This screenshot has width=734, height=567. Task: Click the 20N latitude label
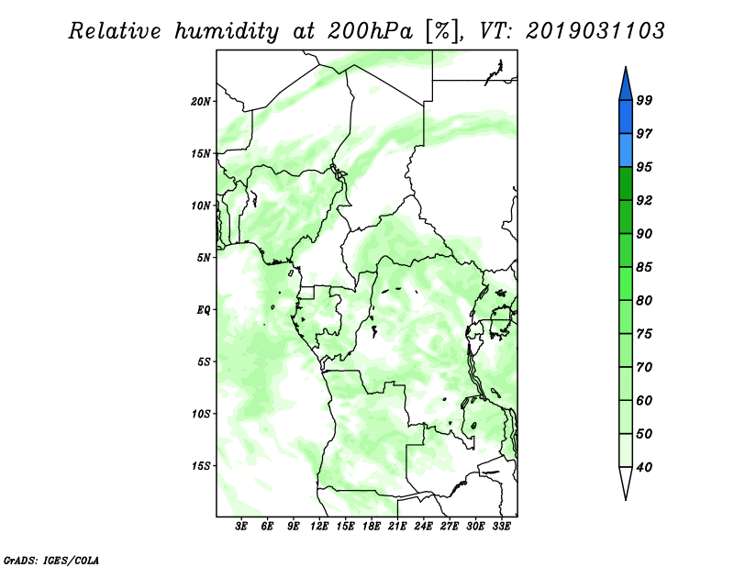201,101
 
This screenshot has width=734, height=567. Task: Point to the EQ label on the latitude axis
204,310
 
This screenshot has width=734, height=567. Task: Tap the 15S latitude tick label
201,466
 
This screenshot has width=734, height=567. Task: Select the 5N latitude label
204,258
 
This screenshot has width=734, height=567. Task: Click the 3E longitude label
241,527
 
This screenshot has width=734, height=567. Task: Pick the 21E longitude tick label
397,527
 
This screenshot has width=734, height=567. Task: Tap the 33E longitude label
501,527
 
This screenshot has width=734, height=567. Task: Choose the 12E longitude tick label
319,527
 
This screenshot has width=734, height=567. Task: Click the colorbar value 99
644,100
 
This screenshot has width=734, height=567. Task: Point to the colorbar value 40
644,467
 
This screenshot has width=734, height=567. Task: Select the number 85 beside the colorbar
644,267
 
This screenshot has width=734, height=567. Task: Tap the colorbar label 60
644,400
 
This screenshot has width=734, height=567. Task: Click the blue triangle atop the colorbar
626,85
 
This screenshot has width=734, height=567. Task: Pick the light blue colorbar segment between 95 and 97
626,150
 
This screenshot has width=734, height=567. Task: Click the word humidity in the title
227,31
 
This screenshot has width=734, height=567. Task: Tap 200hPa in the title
371,31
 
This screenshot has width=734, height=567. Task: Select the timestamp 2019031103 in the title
595,31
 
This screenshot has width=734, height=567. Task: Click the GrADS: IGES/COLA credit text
51,560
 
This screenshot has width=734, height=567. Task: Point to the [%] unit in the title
442,31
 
